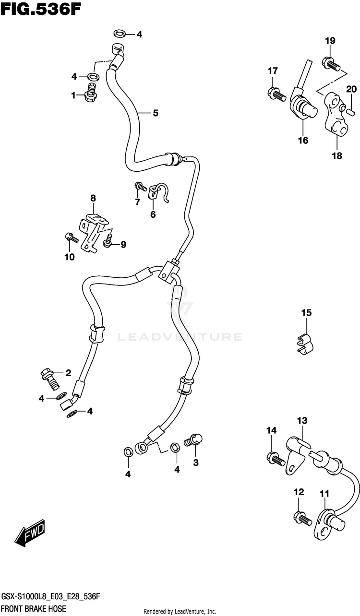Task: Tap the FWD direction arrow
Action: (30, 534)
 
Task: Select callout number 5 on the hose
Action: (155, 113)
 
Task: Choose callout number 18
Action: (336, 155)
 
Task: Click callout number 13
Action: (301, 421)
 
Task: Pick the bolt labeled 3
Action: (195, 439)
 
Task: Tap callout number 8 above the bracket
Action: (93, 198)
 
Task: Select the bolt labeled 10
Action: (69, 237)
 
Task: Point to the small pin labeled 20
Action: (351, 111)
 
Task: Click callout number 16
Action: (303, 141)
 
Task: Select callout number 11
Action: (324, 493)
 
